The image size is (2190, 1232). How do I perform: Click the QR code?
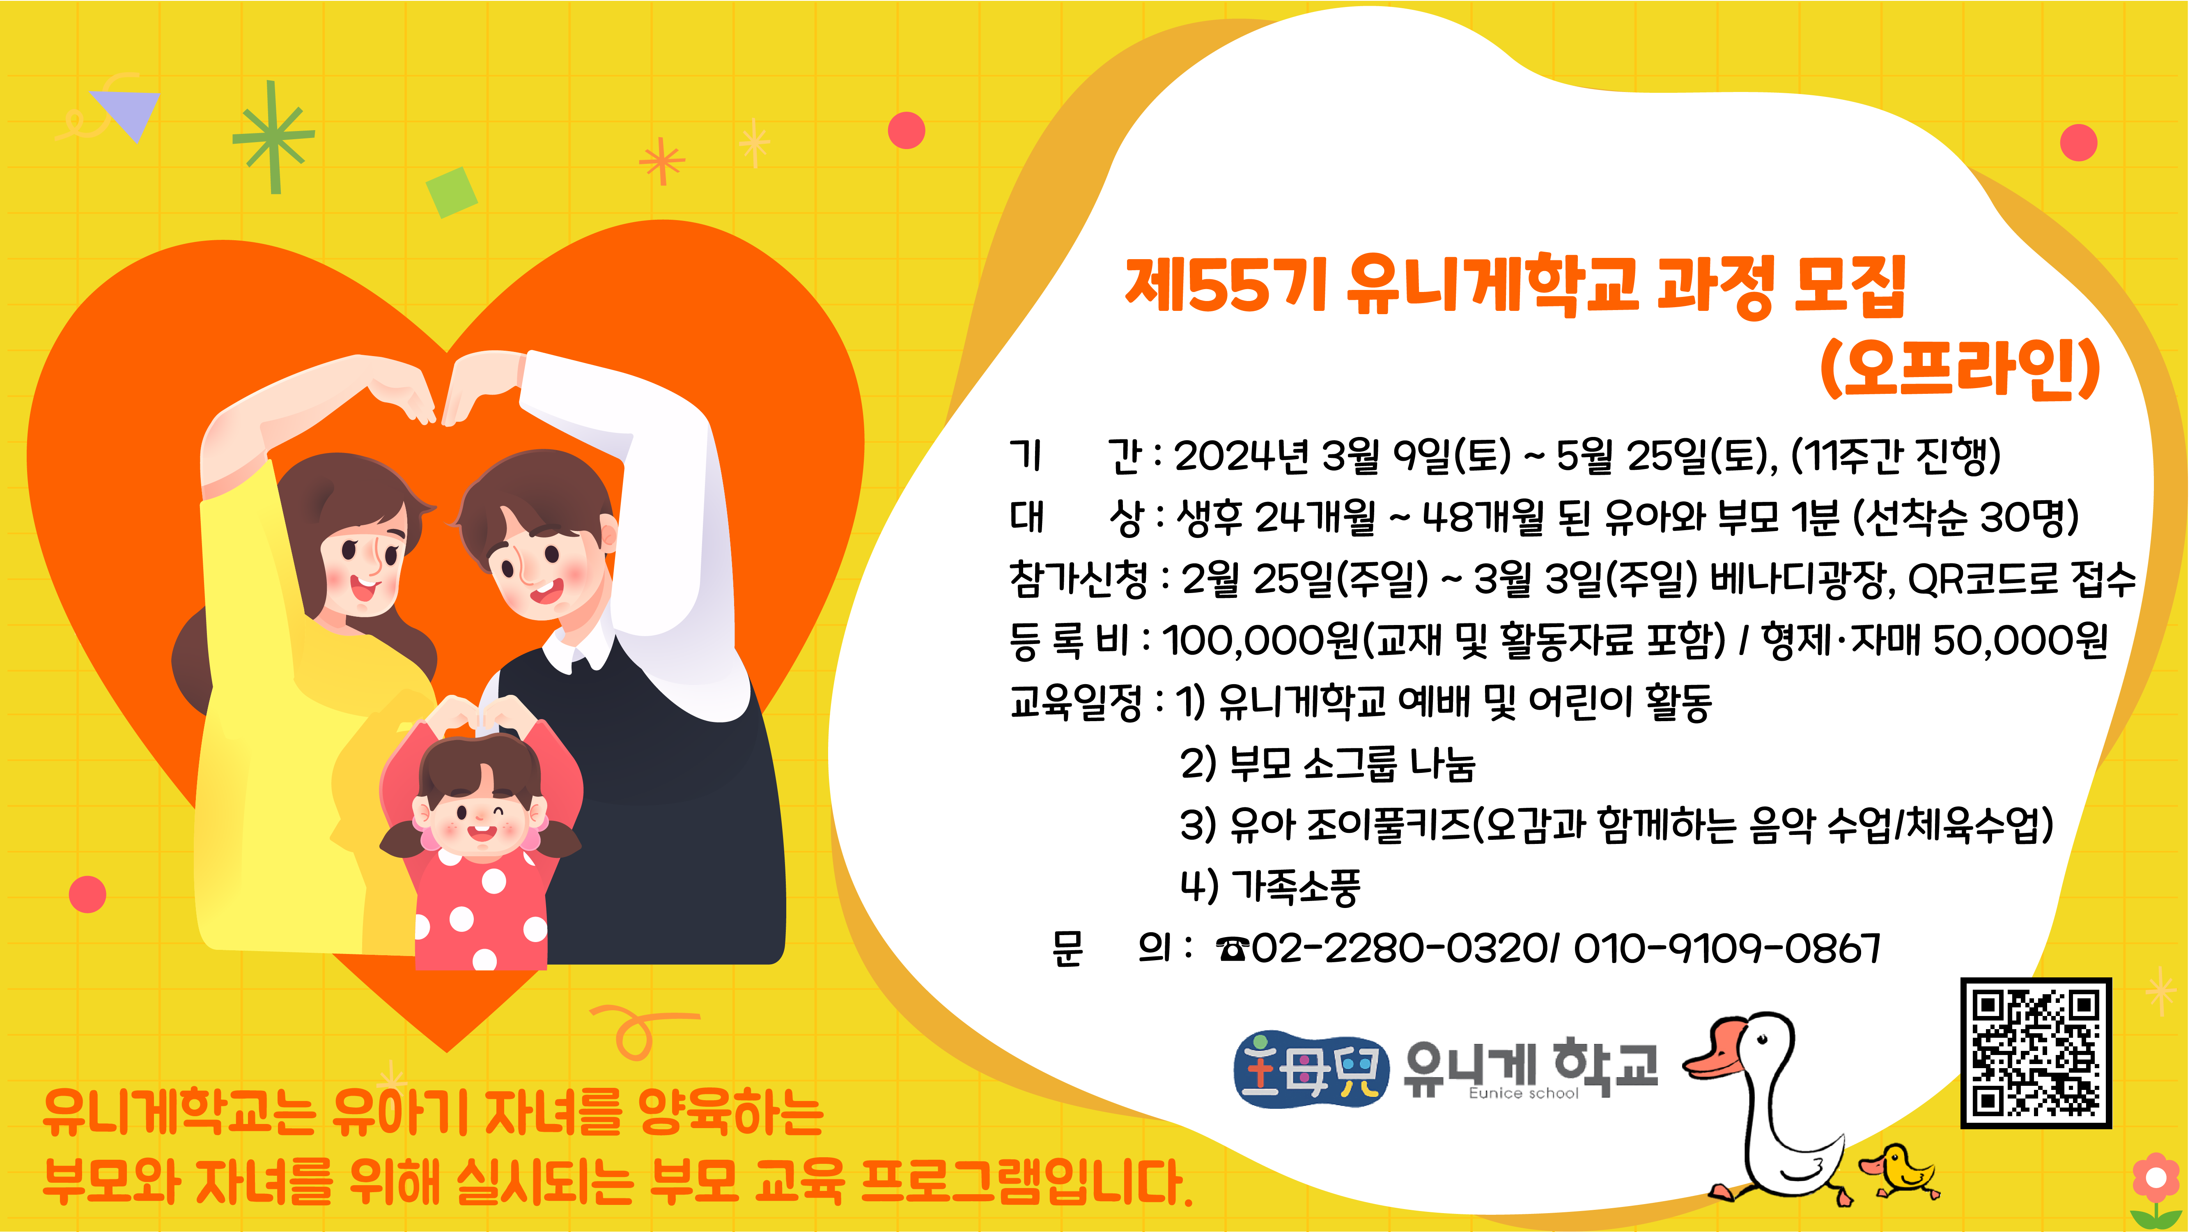[x=2036, y=1053]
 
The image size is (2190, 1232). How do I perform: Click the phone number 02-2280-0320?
[x=1398, y=948]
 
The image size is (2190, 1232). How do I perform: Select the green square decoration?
[x=452, y=192]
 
